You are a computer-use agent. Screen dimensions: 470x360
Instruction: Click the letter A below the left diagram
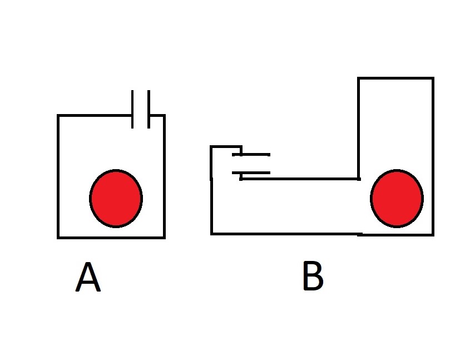click(88, 277)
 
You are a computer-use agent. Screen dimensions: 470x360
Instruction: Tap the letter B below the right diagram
click(313, 276)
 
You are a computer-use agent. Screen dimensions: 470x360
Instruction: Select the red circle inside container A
click(116, 199)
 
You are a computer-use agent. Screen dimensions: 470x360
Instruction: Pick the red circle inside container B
click(397, 199)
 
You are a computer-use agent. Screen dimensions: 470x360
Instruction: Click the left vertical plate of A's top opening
click(132, 109)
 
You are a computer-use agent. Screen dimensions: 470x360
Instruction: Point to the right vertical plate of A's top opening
click(149, 109)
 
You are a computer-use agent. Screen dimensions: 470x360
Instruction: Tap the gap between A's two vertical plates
click(141, 109)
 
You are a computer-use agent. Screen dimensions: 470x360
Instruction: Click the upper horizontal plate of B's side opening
click(251, 155)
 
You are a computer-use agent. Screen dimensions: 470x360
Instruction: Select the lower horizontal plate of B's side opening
click(251, 172)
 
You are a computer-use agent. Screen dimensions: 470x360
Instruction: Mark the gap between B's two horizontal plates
click(251, 164)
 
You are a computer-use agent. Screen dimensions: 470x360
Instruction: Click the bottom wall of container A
click(111, 238)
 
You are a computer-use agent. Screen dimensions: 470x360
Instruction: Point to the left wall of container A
click(58, 176)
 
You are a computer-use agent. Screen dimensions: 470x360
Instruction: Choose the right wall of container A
click(164, 176)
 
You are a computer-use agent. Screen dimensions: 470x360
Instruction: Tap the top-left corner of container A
click(58, 115)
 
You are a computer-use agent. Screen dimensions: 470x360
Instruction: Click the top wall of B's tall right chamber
click(395, 78)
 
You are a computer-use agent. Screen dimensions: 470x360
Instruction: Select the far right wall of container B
click(433, 156)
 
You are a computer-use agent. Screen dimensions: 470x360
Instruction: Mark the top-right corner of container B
click(433, 78)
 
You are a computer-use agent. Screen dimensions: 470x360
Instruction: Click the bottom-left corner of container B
click(211, 234)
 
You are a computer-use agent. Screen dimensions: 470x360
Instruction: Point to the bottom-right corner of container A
click(164, 238)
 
